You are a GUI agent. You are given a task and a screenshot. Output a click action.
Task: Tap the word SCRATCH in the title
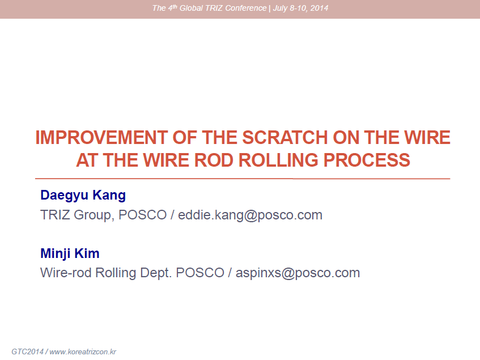(x=285, y=137)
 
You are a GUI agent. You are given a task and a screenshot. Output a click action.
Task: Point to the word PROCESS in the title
(x=367, y=160)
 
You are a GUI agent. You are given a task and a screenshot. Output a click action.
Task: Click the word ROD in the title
(x=214, y=160)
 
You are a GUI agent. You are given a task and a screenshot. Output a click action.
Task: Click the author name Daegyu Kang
(x=83, y=196)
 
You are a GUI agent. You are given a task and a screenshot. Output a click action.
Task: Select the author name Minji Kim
(x=70, y=253)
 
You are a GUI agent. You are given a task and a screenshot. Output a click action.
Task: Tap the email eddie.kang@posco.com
(x=250, y=215)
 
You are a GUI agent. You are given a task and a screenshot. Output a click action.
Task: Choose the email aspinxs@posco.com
(x=298, y=273)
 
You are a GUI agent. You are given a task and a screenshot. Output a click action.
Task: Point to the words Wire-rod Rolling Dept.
(x=105, y=273)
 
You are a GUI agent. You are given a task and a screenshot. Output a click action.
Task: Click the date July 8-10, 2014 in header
(x=300, y=8)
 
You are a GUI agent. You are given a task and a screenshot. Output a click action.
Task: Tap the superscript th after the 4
(x=175, y=6)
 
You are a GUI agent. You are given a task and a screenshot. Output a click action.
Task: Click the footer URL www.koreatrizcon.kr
(x=83, y=351)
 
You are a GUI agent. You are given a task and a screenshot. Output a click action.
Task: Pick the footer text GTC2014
(x=28, y=351)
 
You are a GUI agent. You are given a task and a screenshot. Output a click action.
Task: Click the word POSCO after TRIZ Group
(x=142, y=215)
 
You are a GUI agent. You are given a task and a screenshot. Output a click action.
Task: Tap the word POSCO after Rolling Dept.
(x=200, y=273)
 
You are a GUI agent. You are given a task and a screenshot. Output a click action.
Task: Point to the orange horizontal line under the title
(x=243, y=179)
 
